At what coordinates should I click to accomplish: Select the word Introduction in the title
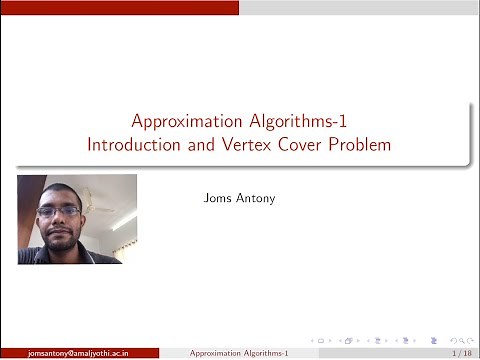click(x=130, y=145)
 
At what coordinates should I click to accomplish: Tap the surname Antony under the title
click(x=256, y=198)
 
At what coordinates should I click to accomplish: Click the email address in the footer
click(x=78, y=353)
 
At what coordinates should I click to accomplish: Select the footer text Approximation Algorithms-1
click(x=239, y=353)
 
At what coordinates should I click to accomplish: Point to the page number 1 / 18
click(x=462, y=353)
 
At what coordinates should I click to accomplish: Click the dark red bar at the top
click(x=120, y=7)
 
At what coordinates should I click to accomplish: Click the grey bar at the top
click(x=360, y=7)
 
